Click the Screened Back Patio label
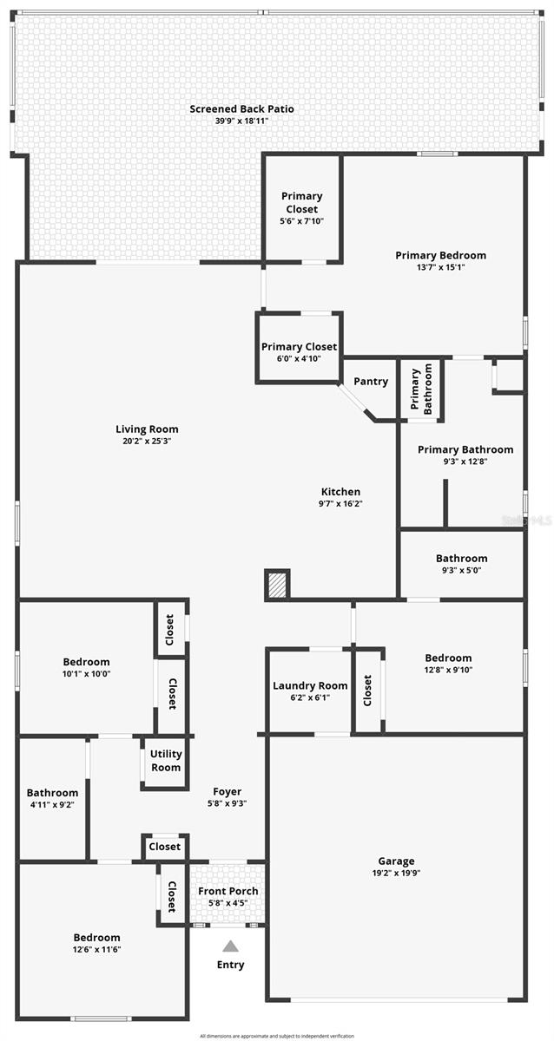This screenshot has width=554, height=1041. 241,109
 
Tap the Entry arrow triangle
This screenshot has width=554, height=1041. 230,946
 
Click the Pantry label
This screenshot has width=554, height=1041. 371,382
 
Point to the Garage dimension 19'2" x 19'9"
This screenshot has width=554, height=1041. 395,874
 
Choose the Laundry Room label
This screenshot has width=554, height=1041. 309,685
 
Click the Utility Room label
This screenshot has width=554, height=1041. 166,761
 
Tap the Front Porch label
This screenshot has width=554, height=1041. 228,891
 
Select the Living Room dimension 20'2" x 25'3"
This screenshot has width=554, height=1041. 147,441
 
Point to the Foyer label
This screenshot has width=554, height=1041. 228,791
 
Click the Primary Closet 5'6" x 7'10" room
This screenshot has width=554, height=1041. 300,208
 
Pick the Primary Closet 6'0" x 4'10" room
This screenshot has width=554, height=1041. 299,348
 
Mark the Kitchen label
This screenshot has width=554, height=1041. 340,492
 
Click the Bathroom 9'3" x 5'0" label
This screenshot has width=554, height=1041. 461,559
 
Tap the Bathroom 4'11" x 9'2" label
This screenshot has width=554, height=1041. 52,793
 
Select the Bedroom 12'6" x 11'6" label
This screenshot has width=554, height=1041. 96,938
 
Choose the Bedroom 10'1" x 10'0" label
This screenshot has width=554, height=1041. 86,662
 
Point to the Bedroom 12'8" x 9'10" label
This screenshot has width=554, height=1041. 448,658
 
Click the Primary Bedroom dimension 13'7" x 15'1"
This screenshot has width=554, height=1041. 440,267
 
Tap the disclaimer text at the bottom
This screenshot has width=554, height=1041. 277,1036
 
